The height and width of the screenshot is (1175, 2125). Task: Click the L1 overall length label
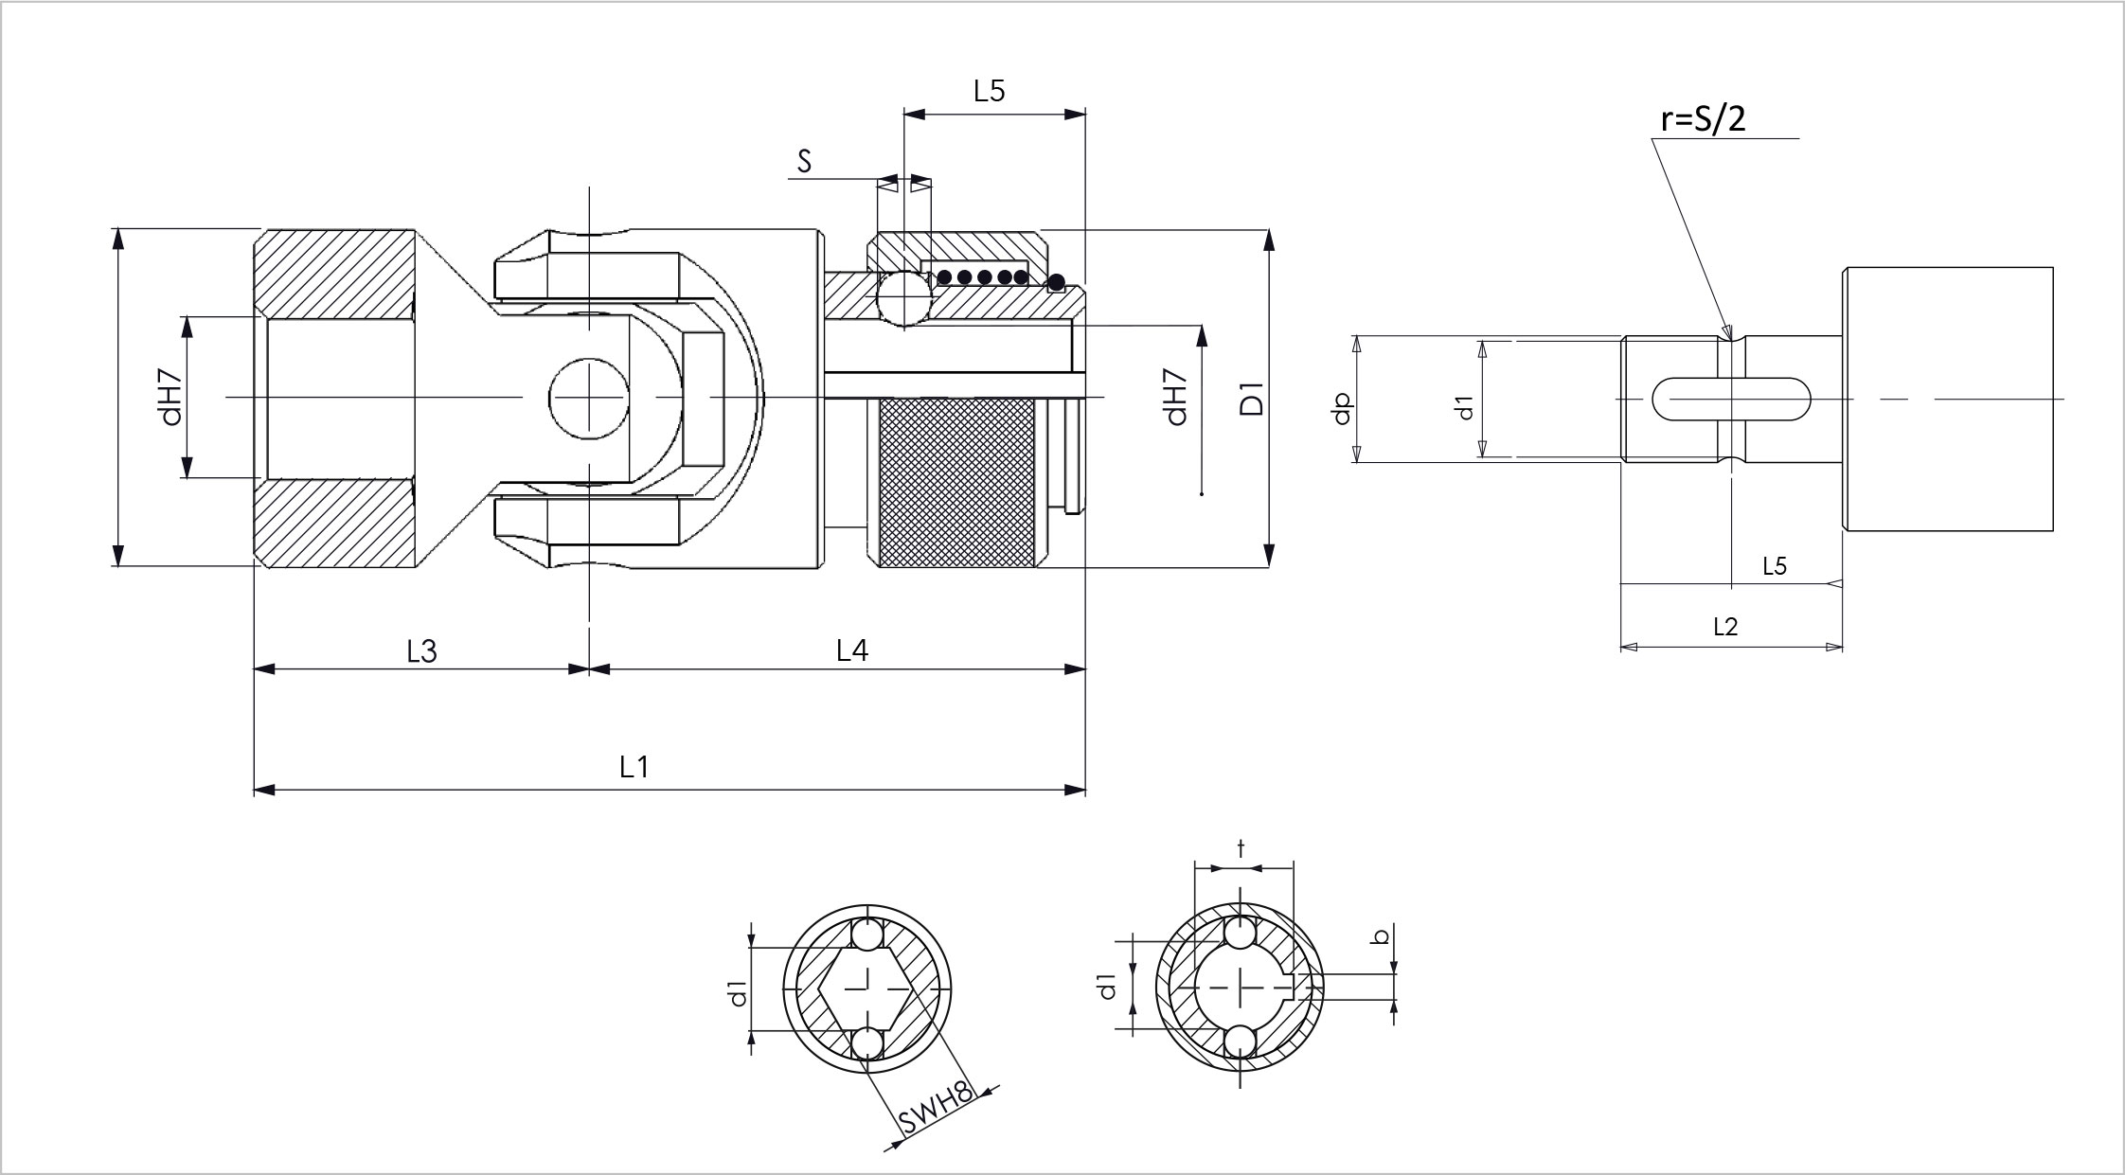(634, 767)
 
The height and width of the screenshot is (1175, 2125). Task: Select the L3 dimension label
(421, 651)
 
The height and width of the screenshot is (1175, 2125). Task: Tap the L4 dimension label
(852, 650)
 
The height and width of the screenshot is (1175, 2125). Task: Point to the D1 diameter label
(1252, 399)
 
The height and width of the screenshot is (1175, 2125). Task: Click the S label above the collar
(805, 161)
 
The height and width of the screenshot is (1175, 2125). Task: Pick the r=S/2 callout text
(1703, 119)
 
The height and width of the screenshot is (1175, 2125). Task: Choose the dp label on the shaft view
(1342, 408)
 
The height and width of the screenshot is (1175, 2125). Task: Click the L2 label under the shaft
(1725, 627)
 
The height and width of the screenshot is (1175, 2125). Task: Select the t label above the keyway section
(1241, 849)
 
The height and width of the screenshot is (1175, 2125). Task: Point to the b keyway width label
(1382, 936)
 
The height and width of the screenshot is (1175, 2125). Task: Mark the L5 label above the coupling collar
(989, 91)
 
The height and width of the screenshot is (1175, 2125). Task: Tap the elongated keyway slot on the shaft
(1731, 399)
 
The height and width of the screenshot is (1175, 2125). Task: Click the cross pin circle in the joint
(589, 399)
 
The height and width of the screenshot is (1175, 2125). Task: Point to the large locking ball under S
(904, 298)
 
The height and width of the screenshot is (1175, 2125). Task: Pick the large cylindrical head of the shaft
(1948, 399)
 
